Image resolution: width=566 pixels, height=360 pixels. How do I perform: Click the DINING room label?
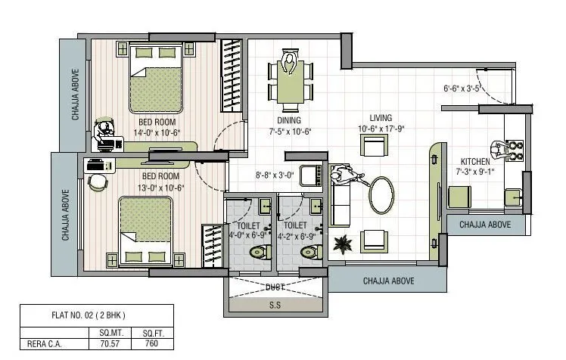pos(289,120)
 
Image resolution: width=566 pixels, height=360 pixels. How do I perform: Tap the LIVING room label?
pos(381,117)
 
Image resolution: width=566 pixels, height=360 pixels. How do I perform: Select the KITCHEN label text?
pos(475,162)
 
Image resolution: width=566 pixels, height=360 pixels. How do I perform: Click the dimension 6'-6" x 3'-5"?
pos(462,88)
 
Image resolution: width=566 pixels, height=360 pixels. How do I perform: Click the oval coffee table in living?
pos(381,196)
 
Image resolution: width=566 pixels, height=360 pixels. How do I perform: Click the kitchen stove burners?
pos(515,151)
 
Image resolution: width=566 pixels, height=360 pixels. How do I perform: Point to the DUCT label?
pos(275,287)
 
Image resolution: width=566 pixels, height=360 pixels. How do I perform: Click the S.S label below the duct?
pos(275,306)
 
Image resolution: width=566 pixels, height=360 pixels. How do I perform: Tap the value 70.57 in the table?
pos(105,344)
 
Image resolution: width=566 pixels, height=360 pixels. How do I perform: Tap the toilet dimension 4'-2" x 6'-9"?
pos(296,235)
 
